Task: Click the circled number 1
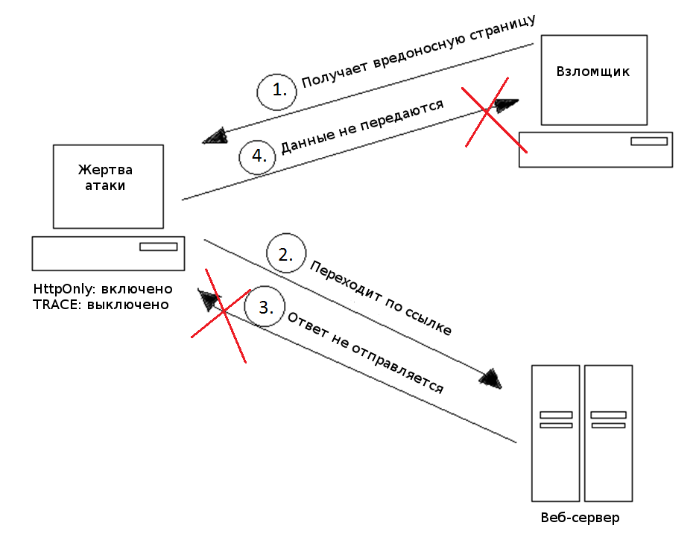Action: coord(276,92)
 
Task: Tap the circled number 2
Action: coord(286,253)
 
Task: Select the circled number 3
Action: coord(265,308)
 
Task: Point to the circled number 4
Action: coord(258,156)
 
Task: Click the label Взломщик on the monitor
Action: coord(593,72)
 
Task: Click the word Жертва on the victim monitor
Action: coord(105,170)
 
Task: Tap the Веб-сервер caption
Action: coord(580,517)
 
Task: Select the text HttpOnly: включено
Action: coord(103,289)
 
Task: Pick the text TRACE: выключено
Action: coord(101,305)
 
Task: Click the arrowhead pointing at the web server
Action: coord(491,378)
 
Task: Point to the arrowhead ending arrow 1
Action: coord(215,136)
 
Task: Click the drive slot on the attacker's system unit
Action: coord(649,141)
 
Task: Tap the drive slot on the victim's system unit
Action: coord(159,247)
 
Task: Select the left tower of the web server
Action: coord(556,433)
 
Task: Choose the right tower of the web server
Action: coord(608,433)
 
